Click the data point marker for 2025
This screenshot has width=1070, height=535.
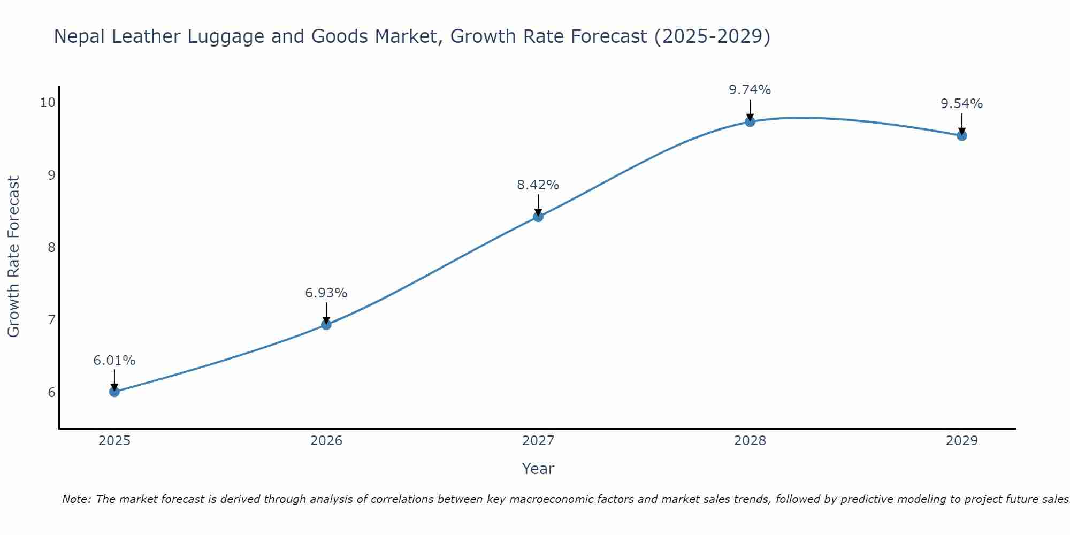point(114,392)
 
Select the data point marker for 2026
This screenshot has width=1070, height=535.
point(326,324)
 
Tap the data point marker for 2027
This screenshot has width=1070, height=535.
point(538,217)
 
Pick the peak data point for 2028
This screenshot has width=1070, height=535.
point(750,121)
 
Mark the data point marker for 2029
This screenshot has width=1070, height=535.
point(962,135)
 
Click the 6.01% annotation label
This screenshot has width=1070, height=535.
point(114,361)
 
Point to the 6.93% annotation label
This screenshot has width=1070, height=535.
point(326,293)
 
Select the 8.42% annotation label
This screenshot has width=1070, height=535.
point(538,185)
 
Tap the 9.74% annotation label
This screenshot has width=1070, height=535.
point(750,90)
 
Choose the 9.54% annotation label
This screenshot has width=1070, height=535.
point(962,104)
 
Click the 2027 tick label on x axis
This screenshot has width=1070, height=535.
point(538,441)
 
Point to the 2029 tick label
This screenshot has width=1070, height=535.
point(962,441)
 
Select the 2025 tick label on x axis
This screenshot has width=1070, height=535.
point(114,441)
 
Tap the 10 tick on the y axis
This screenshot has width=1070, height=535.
point(48,103)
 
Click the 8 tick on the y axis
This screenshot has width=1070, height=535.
point(51,247)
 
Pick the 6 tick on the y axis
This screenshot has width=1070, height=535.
point(51,392)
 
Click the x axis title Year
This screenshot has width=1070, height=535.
point(538,469)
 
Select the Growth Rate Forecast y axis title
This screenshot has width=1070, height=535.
point(14,257)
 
